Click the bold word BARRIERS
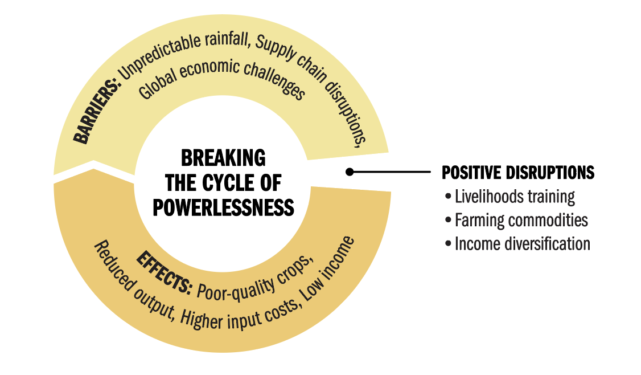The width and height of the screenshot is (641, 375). [x=97, y=111]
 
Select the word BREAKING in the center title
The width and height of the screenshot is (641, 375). [x=223, y=158]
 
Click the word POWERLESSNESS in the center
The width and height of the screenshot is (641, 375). [x=223, y=207]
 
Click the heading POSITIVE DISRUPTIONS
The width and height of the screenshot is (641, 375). [x=518, y=172]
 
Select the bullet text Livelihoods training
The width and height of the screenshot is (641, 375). [x=515, y=197]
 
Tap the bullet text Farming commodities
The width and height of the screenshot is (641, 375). [x=521, y=220]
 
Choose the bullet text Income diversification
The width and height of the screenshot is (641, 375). [x=523, y=243]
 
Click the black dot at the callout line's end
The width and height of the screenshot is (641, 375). [x=350, y=172]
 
